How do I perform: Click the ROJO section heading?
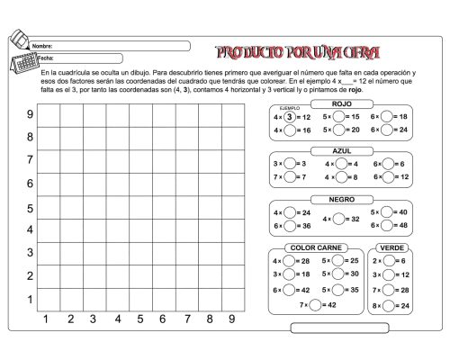341,104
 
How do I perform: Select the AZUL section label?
341,151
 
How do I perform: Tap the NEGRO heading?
341,199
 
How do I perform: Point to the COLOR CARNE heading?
315,247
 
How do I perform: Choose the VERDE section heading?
391,247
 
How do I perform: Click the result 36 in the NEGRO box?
306,226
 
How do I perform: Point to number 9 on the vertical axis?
30,114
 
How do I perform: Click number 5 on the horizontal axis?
139,319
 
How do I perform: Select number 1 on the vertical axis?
30,299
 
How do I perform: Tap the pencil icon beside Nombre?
20,40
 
